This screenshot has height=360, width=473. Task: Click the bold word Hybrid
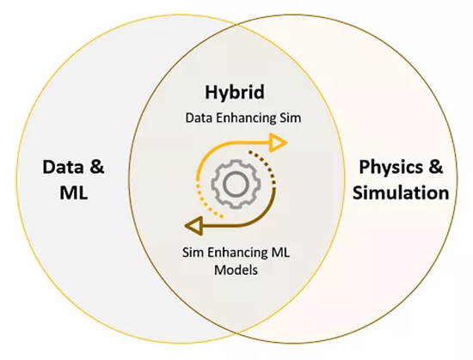(x=235, y=93)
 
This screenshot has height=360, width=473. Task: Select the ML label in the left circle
(x=74, y=192)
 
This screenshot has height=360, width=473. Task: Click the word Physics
(x=390, y=168)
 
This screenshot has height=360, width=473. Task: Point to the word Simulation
(x=401, y=192)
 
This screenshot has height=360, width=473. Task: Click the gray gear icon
(x=236, y=185)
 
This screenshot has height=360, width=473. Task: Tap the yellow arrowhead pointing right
(x=278, y=143)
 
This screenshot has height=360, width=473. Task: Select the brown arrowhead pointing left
(x=193, y=226)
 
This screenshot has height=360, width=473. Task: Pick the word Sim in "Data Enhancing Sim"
(x=290, y=118)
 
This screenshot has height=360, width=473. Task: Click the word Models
(x=236, y=270)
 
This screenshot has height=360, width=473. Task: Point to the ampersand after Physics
(x=434, y=167)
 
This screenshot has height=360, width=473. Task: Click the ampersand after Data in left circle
(x=96, y=168)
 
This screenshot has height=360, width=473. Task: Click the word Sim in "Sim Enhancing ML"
(x=193, y=253)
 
